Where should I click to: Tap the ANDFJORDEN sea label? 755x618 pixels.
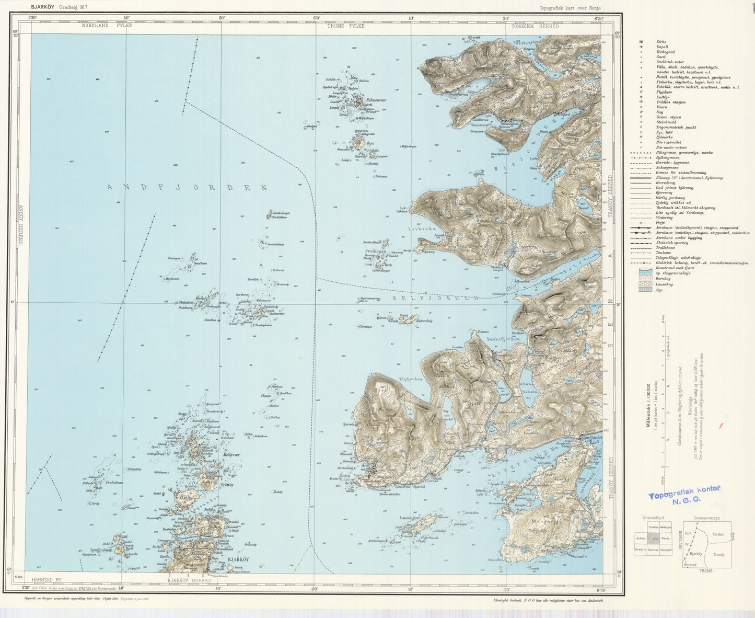click(x=187, y=187)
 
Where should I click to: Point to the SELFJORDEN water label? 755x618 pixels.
click(x=434, y=297)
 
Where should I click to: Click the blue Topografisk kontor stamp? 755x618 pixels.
click(x=684, y=495)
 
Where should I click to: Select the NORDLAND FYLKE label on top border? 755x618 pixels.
click(x=107, y=26)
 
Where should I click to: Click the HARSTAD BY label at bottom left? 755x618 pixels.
click(x=47, y=580)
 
